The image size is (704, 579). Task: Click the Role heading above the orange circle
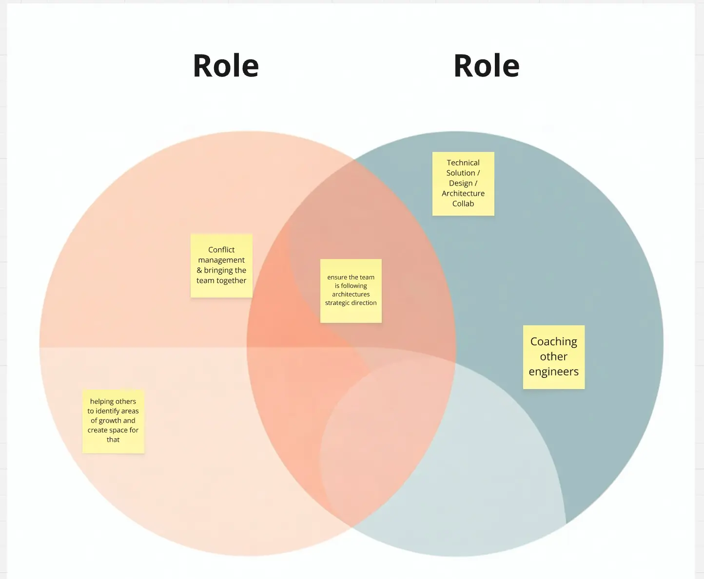tap(226, 66)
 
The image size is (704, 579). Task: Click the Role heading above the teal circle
tap(486, 66)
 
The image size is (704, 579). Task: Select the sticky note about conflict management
tap(221, 265)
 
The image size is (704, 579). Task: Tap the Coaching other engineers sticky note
tap(553, 356)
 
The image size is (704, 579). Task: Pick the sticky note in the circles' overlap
tap(351, 290)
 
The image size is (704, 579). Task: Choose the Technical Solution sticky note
tap(463, 183)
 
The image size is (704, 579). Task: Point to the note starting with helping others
tap(113, 421)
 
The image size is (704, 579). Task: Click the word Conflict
tap(221, 250)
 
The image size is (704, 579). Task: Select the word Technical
tap(463, 163)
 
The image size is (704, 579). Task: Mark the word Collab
tap(463, 204)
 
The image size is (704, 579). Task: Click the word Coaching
tap(553, 341)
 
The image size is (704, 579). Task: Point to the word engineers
tap(553, 372)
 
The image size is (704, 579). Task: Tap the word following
tap(354, 286)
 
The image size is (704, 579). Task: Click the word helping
tap(102, 402)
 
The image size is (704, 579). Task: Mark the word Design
tap(460, 183)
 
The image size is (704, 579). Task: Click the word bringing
tap(225, 270)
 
